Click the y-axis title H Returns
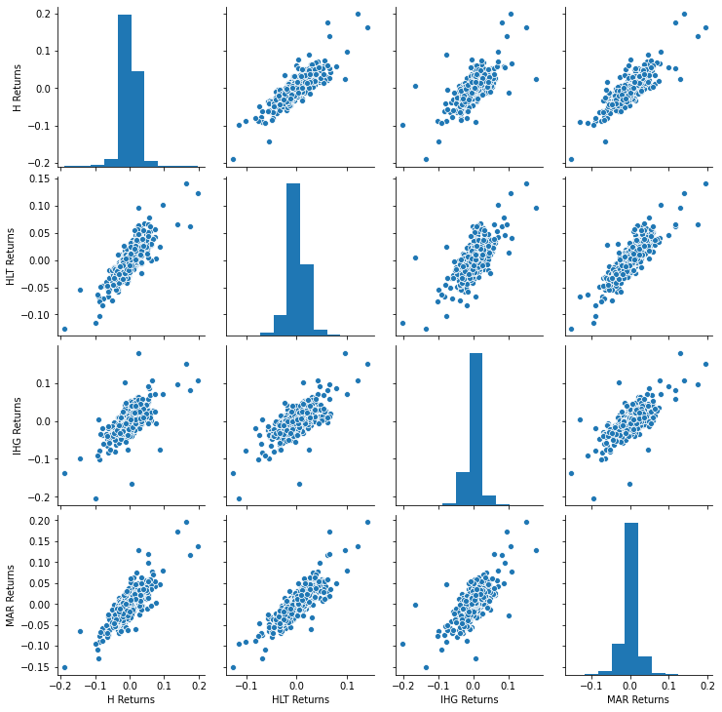click(x=18, y=88)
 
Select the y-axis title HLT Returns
click(x=11, y=257)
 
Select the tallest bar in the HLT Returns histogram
click(x=293, y=258)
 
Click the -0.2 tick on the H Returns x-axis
click(x=60, y=687)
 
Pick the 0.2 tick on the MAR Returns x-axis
click(x=706, y=687)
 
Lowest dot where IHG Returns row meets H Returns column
click(x=95, y=498)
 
